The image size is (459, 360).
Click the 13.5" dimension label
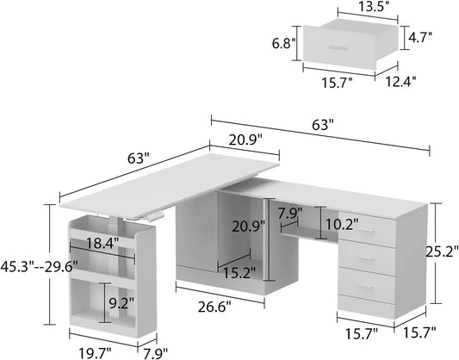[367, 7]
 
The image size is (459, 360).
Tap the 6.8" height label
[283, 44]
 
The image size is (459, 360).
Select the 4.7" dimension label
[420, 37]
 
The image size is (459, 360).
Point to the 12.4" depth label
[400, 82]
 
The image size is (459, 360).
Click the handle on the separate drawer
[338, 48]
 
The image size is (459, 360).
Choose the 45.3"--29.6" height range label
[40, 267]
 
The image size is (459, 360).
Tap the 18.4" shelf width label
[102, 243]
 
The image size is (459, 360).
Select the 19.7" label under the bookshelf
[95, 353]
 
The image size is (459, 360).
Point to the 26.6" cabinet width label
[214, 307]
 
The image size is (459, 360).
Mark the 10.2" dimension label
[342, 225]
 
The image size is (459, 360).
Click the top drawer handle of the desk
[366, 231]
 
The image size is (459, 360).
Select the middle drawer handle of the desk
[366, 258]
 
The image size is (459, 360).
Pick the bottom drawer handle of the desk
[366, 287]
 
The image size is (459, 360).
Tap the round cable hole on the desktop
[216, 158]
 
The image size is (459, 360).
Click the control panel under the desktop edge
[156, 216]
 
